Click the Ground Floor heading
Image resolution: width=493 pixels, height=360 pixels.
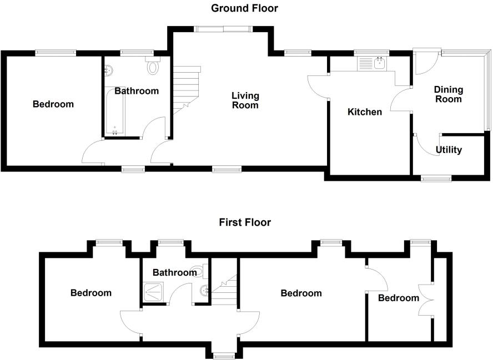(x=244, y=8)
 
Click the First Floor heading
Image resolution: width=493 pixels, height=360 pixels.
(x=244, y=222)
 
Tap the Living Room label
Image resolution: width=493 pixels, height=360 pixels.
(x=245, y=100)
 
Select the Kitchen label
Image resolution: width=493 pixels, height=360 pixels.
(x=364, y=112)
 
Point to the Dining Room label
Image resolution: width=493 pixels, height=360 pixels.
(x=448, y=94)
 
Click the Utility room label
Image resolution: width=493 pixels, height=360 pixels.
(x=449, y=150)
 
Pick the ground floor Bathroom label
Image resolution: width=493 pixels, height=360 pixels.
(x=137, y=91)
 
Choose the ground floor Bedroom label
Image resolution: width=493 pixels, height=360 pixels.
(x=53, y=104)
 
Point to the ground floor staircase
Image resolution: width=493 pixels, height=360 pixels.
(x=186, y=86)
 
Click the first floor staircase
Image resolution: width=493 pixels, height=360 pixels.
(x=225, y=288)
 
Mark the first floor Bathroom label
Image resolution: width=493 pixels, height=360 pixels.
(x=174, y=272)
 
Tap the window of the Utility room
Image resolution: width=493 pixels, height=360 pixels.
(x=436, y=179)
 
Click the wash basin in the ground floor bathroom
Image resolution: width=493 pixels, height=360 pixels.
(x=109, y=70)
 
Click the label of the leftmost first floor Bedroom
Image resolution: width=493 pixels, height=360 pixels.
(x=90, y=293)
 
